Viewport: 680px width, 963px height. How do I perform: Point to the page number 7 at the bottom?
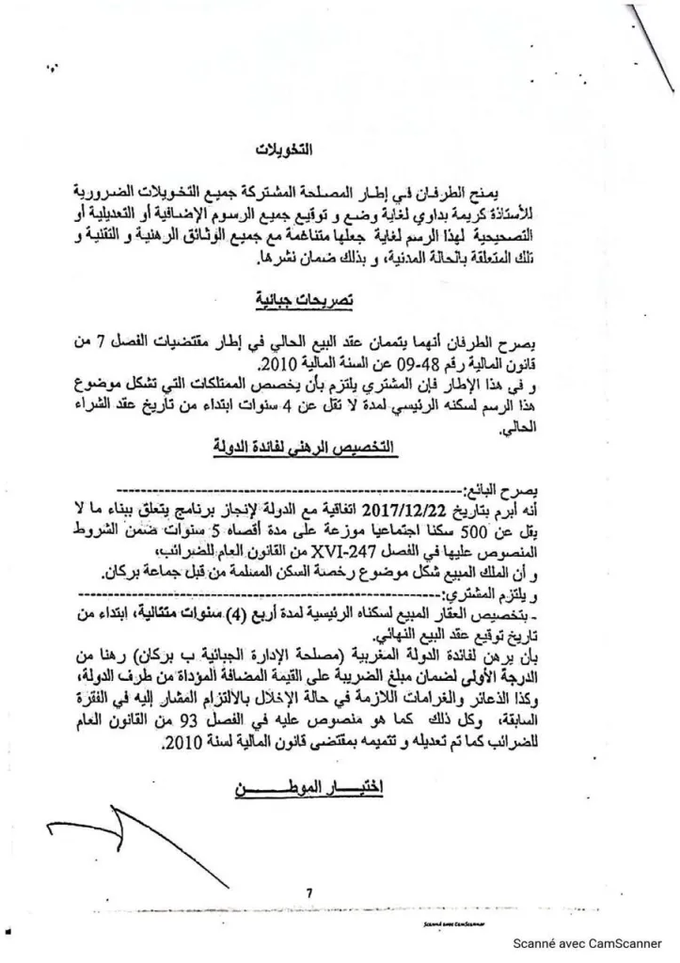[x=308, y=892]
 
